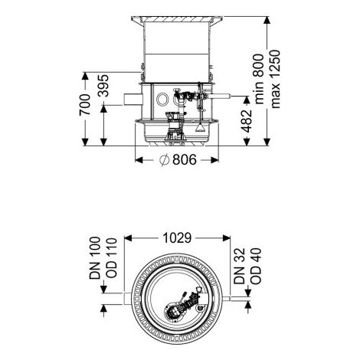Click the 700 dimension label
(x=85, y=105)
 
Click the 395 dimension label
(x=103, y=86)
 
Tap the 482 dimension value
(x=247, y=121)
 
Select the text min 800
(x=259, y=79)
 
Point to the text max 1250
(x=276, y=79)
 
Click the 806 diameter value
(x=185, y=160)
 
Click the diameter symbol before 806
(x=165, y=160)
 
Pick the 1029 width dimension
(x=177, y=238)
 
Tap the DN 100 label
(x=95, y=258)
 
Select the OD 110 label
(x=111, y=258)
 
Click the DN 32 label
(x=240, y=266)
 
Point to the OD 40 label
(x=256, y=266)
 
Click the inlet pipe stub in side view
(x=133, y=100)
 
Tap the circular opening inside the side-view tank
(x=162, y=100)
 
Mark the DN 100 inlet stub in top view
(x=128, y=299)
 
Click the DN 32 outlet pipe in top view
(x=227, y=299)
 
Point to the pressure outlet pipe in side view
(x=220, y=97)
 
